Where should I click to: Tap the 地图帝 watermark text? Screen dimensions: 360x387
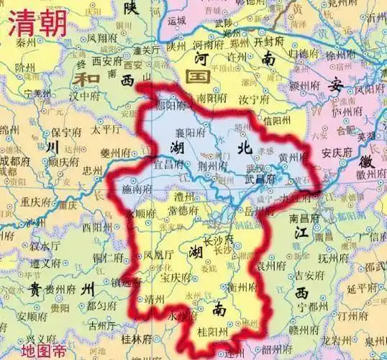coord(42,351)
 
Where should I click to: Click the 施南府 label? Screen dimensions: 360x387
coord(138,189)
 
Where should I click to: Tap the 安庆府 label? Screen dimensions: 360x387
coord(336,153)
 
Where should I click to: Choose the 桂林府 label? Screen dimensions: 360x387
coord(137,338)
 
